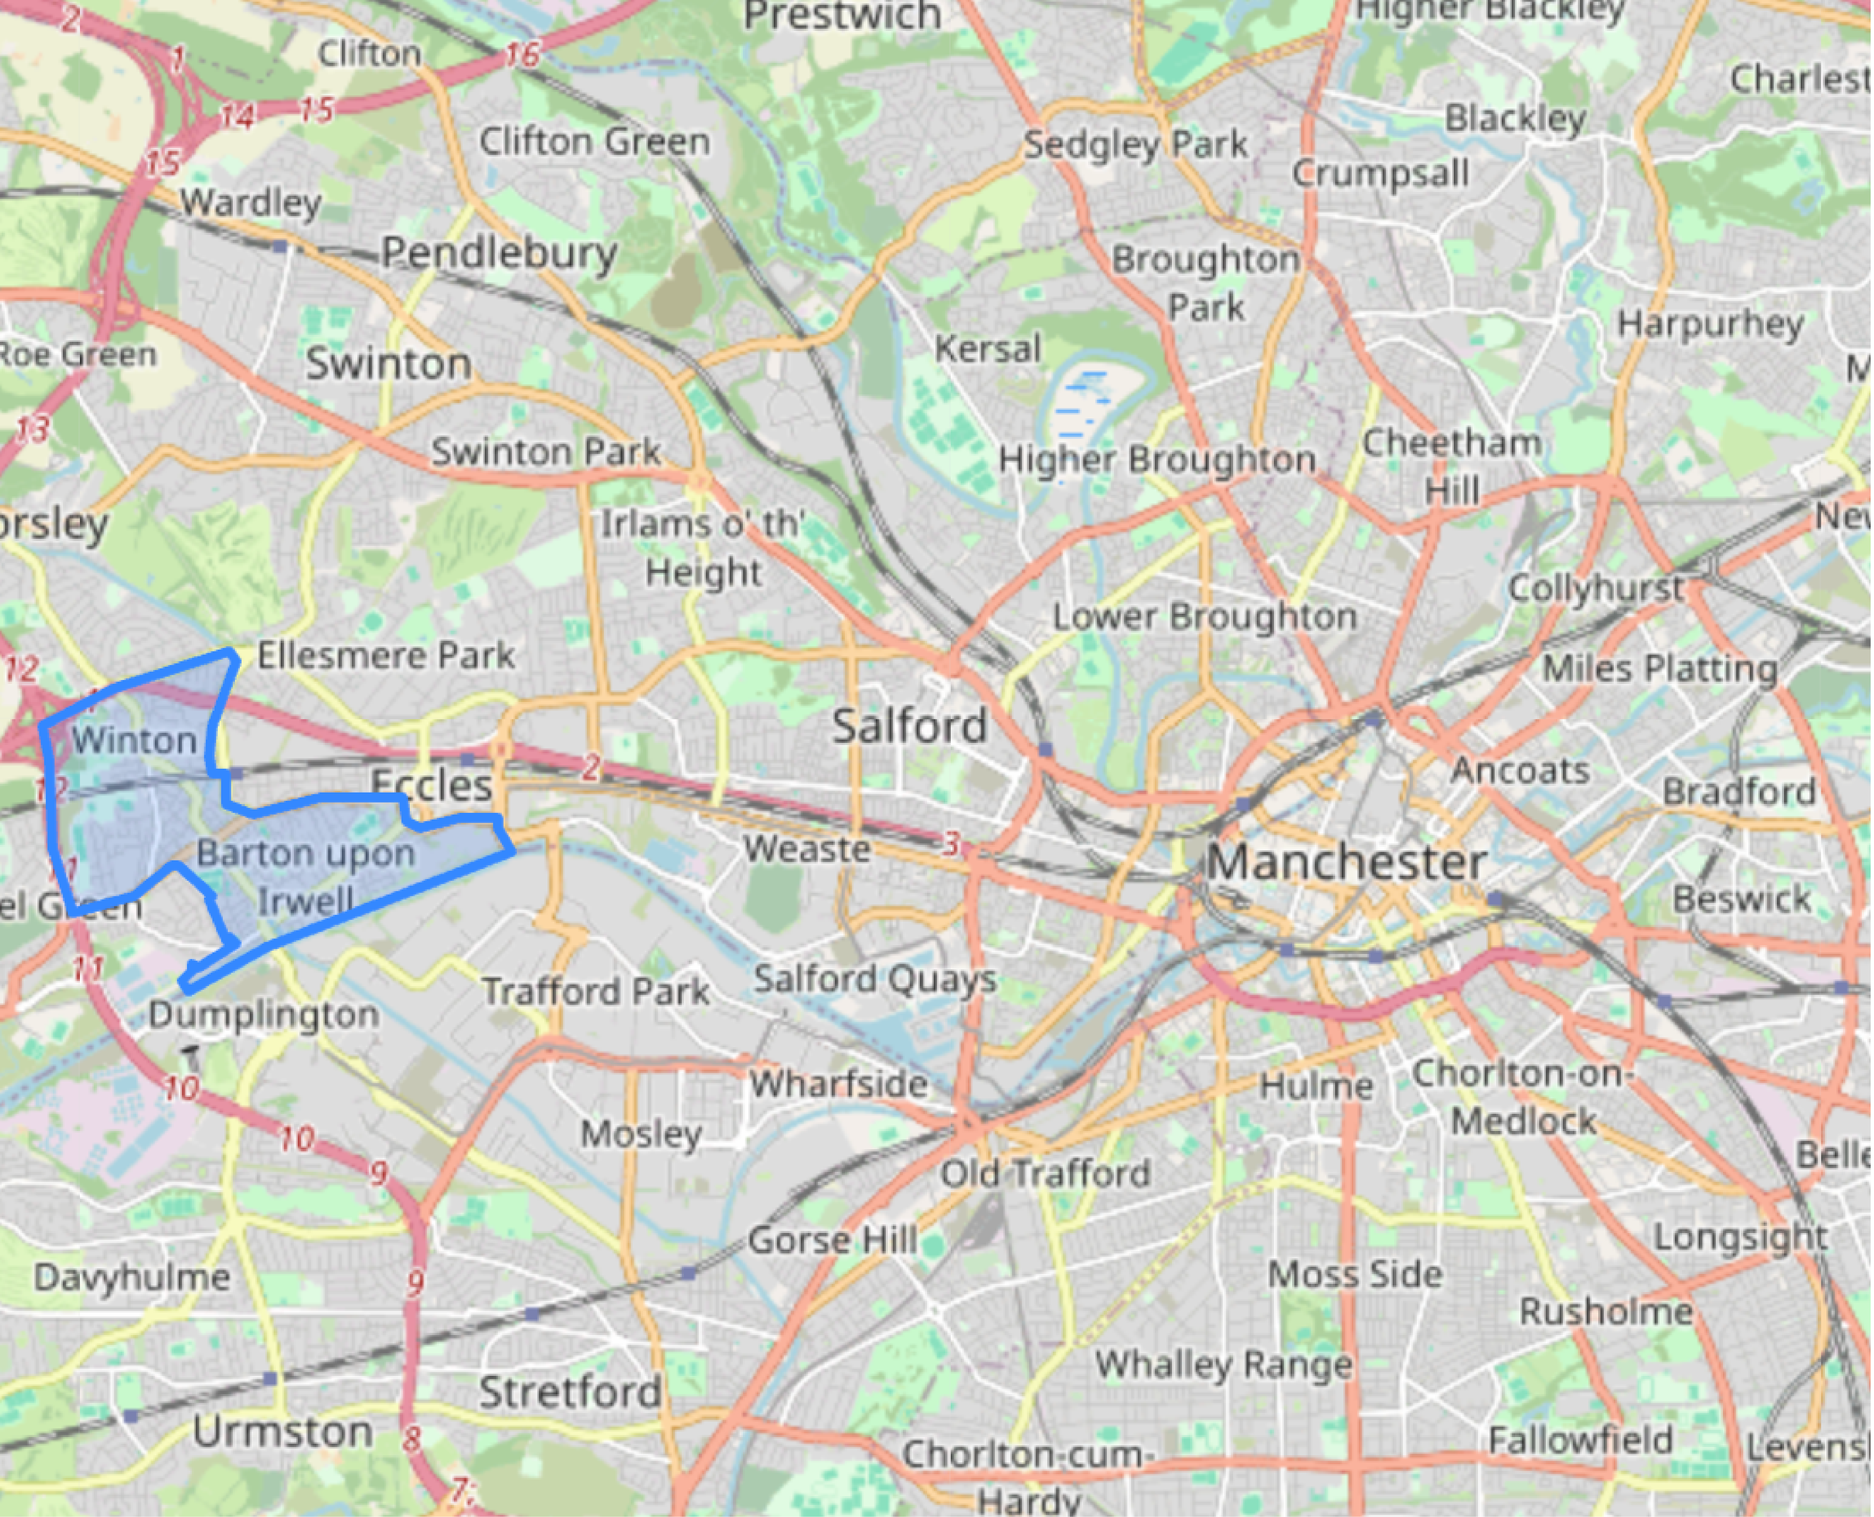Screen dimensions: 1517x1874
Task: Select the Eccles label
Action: (431, 785)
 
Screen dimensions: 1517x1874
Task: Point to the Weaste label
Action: (806, 849)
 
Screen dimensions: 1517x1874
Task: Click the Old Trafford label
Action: (1045, 1173)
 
